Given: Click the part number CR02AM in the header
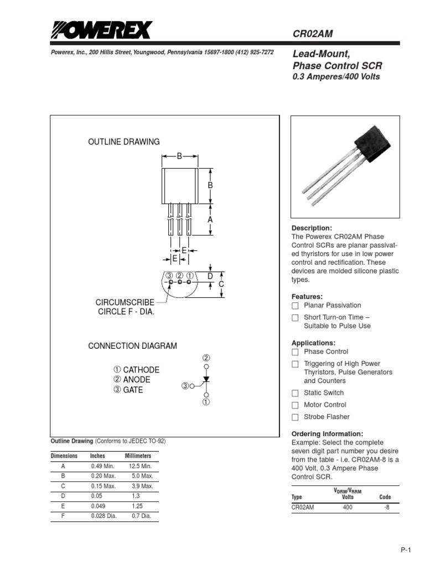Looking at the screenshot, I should (x=313, y=34).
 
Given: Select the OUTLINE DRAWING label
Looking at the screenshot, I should (x=124, y=142).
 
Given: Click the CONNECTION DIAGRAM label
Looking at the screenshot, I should (x=133, y=346).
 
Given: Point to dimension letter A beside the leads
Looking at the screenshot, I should (x=210, y=219).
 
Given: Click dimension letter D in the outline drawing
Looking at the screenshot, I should (x=210, y=276).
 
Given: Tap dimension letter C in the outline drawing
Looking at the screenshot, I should (x=221, y=284).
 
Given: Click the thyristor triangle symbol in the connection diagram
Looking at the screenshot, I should (x=206, y=380).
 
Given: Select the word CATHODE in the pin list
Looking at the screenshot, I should (x=141, y=370).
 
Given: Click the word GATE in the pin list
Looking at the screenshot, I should (x=133, y=390).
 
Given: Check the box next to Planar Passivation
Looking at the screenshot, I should (x=295, y=306).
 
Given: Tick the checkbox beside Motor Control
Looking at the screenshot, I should (x=295, y=405).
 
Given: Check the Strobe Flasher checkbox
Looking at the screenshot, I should (x=295, y=417).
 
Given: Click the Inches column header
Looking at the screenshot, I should (x=97, y=456).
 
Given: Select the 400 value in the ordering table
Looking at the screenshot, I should (x=348, y=507).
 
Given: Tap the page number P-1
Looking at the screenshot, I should (x=407, y=549).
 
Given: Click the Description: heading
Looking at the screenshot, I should (x=312, y=228).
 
